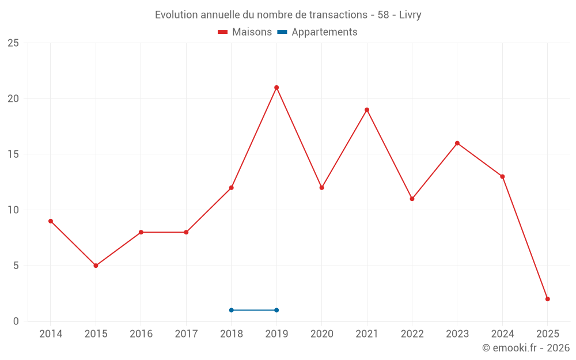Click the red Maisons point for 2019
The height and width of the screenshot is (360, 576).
[x=276, y=88]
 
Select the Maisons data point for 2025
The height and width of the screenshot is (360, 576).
[x=548, y=299]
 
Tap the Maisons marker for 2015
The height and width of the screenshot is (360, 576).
[x=96, y=266]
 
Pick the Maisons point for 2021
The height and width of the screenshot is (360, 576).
[x=367, y=109]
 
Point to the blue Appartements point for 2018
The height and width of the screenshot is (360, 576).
[x=232, y=310]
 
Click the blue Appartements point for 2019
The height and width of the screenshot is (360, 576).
[x=276, y=310]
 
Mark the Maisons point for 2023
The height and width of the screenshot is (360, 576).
[x=457, y=143]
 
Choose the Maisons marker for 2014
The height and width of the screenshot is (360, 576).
[x=51, y=221]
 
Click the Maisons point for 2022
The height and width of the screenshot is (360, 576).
[x=412, y=199]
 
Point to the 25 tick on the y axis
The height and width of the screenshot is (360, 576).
[x=13, y=43]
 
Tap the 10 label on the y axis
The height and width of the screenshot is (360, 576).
[x=13, y=210]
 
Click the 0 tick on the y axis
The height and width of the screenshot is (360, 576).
[x=16, y=321]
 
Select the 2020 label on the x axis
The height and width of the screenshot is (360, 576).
[x=321, y=334]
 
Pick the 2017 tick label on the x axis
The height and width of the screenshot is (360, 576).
[x=186, y=334]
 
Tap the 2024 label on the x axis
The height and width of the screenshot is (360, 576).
[x=502, y=334]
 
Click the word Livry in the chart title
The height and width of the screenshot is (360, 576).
[x=410, y=15]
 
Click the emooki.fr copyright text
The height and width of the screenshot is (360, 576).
[x=526, y=348]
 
